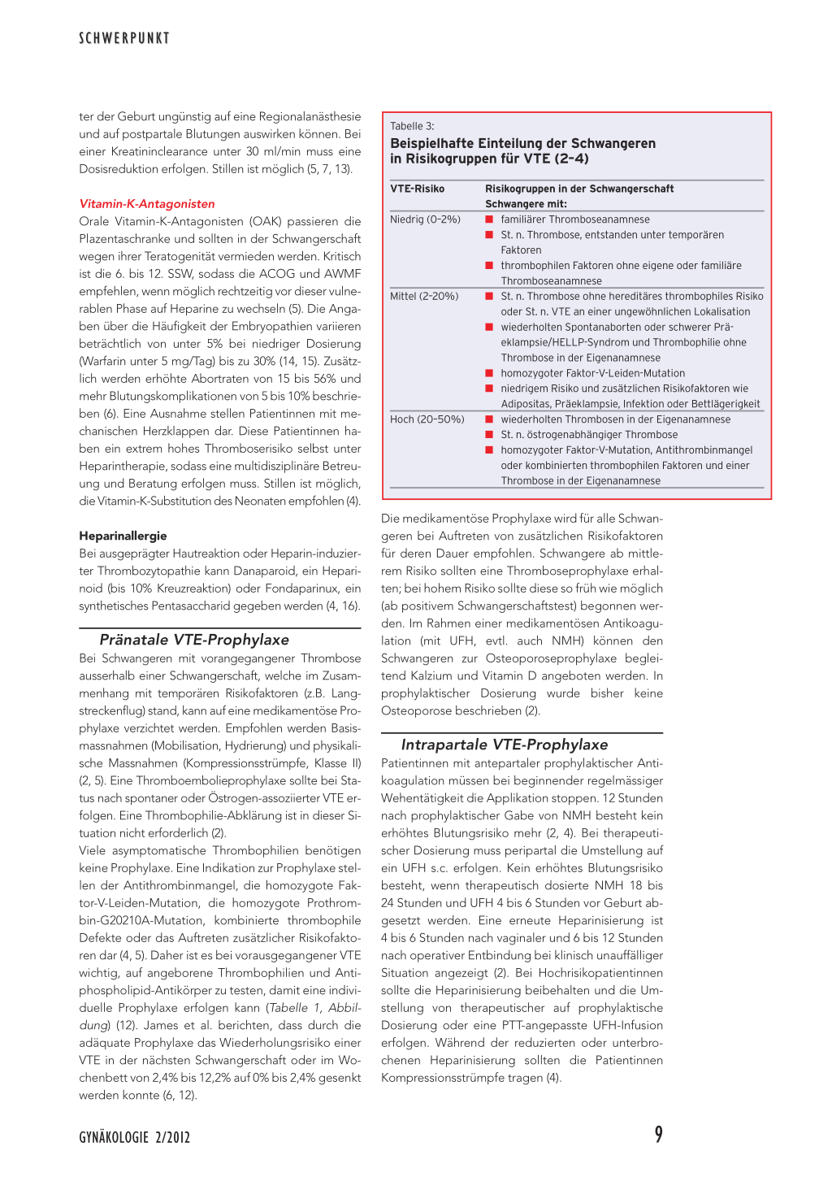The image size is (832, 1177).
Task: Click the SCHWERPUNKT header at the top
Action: (124, 38)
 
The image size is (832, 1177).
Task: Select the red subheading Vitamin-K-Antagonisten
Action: (147, 204)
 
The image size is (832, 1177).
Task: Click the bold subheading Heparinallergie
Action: (123, 536)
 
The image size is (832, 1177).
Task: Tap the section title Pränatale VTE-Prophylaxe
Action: (194, 640)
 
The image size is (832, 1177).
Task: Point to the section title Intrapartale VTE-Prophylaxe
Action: (505, 745)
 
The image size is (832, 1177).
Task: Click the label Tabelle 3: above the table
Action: (412, 126)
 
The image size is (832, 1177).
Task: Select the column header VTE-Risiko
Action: (417, 189)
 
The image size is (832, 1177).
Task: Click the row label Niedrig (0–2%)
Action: (425, 219)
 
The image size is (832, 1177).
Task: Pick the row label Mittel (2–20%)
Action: (424, 296)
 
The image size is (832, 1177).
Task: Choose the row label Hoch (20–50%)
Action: (427, 419)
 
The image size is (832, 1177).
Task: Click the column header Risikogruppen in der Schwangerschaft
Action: (579, 189)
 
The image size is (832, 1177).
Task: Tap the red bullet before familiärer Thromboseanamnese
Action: (490, 219)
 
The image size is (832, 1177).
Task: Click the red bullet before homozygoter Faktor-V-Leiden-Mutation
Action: (490, 373)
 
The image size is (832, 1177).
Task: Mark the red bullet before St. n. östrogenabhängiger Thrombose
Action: (490, 435)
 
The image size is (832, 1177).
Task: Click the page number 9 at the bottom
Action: (658, 1135)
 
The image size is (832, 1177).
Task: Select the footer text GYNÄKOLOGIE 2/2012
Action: (135, 1137)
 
